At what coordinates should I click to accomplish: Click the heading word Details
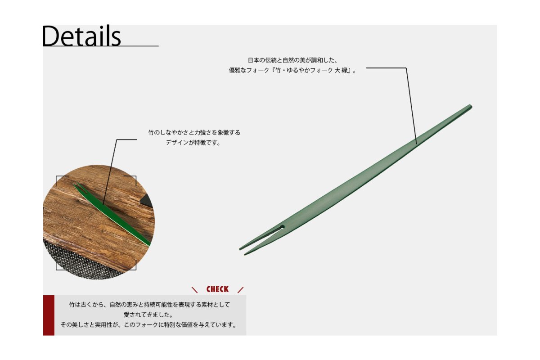point(81,36)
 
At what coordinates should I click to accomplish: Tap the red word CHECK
point(217,289)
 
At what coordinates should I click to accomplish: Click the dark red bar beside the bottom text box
point(49,315)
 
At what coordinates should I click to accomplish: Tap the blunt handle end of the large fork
point(470,107)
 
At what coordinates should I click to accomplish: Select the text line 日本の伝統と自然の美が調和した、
point(292,60)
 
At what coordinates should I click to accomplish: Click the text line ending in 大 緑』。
point(292,70)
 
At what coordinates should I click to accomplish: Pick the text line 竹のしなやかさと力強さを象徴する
point(194,132)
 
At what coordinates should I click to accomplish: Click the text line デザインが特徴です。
point(193,143)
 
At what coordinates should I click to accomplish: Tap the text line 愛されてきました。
point(148,315)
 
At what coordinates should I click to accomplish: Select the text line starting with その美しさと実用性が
point(148,325)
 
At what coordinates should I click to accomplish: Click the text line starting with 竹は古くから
point(150,305)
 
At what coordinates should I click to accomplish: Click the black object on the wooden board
point(146,201)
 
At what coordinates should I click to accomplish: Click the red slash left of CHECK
point(194,290)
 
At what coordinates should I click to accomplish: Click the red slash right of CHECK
point(240,290)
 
